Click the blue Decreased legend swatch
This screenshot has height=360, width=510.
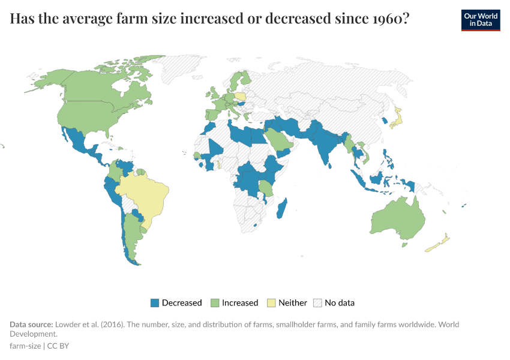[154, 303]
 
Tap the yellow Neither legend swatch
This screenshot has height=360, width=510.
[271, 303]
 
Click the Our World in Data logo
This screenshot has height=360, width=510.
[480, 20]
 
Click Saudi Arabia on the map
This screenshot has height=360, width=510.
[276, 140]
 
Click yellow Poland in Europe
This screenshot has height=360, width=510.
[240, 96]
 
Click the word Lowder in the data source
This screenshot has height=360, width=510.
[68, 325]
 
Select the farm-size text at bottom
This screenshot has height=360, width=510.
[25, 346]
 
